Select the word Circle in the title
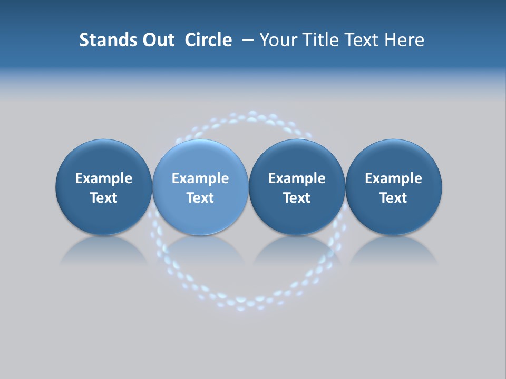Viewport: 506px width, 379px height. click(x=208, y=40)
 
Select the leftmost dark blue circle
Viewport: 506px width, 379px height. click(x=104, y=158)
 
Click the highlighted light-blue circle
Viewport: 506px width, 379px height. click(x=200, y=158)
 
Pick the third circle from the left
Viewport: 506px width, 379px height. click(x=297, y=158)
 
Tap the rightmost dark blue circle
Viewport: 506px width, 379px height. click(x=394, y=158)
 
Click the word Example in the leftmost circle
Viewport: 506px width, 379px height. click(x=104, y=178)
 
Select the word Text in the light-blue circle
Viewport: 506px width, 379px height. click(x=200, y=198)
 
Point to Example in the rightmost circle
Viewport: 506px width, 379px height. click(x=394, y=178)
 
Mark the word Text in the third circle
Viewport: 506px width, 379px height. click(x=297, y=198)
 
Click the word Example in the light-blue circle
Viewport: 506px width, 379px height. click(x=200, y=178)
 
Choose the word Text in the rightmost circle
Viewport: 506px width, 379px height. click(x=394, y=198)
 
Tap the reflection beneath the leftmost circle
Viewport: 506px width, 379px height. click(x=104, y=251)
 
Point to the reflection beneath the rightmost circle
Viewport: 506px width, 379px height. click(x=394, y=251)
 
